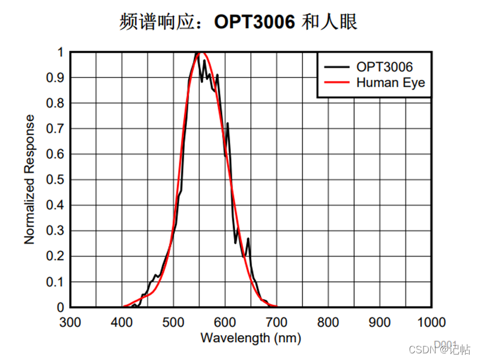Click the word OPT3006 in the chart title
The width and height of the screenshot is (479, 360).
tap(254, 22)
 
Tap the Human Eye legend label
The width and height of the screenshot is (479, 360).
tap(390, 83)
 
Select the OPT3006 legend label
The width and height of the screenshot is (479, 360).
tap(384, 67)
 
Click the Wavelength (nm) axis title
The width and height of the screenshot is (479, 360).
tap(250, 337)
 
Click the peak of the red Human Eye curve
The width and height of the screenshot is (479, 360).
tap(200, 53)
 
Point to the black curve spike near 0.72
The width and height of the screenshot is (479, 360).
tap(227, 124)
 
